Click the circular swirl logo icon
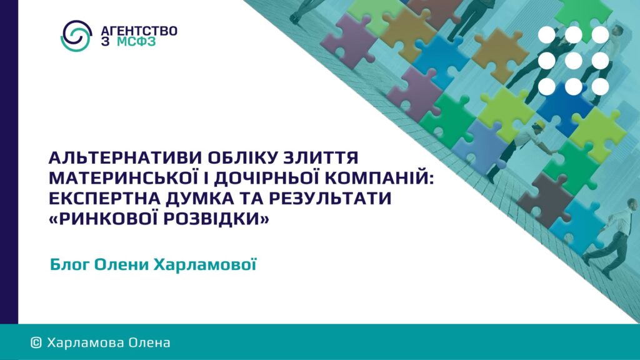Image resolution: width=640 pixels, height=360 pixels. click(x=76, y=36)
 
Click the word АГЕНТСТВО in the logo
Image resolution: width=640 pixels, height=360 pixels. click(x=139, y=31)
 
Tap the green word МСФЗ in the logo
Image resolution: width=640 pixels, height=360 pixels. click(x=136, y=42)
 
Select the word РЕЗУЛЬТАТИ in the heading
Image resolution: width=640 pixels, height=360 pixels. click(x=330, y=199)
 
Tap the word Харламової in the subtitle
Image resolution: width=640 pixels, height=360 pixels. click(x=205, y=264)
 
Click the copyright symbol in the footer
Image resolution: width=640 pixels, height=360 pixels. click(x=36, y=342)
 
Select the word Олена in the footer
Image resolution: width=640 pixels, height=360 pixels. click(x=149, y=342)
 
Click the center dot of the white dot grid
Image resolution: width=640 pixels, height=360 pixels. click(x=574, y=61)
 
